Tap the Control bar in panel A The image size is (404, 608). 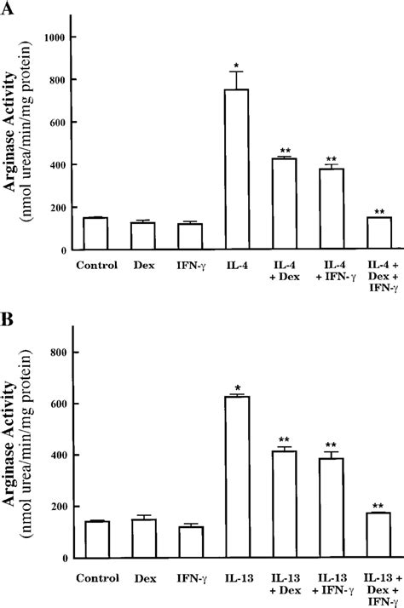pos(95,234)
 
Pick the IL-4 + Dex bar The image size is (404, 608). pos(283,204)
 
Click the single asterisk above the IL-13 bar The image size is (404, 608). pos(236,387)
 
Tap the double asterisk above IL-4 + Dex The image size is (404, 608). pos(283,150)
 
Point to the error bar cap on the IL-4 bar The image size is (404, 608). pos(236,72)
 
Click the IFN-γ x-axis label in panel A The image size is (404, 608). pos(189,264)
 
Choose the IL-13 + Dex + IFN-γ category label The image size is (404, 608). pos(377,587)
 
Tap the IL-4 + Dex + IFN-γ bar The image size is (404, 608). pos(377,234)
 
